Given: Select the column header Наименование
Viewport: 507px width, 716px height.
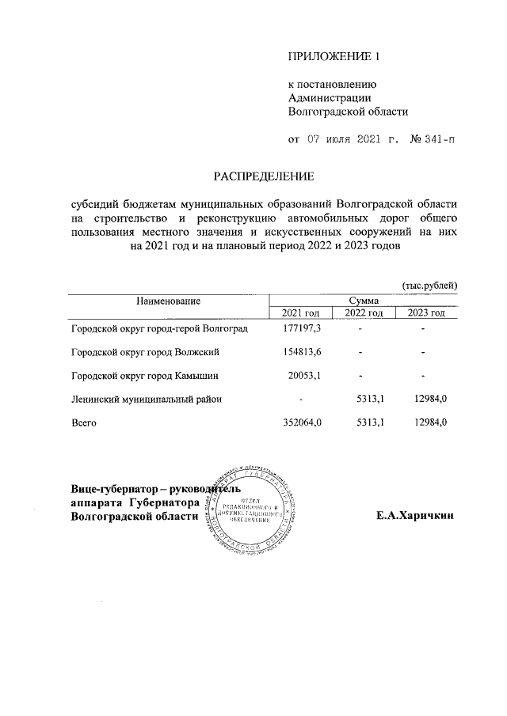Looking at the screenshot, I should [x=168, y=301].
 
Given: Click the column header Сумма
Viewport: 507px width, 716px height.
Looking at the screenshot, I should [x=364, y=301].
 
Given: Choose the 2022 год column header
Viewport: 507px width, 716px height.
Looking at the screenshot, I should [x=364, y=314].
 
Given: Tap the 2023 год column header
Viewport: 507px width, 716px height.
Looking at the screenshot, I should [x=427, y=314].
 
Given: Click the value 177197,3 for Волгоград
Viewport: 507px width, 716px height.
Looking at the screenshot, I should [x=302, y=328].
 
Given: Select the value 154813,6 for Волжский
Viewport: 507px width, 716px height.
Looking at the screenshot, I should [x=302, y=352].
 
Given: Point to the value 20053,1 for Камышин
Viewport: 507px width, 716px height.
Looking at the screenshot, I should [x=305, y=376].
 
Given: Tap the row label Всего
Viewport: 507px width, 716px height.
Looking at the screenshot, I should [x=84, y=423].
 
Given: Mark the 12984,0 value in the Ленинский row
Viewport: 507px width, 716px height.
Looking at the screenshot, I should [x=429, y=400].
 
